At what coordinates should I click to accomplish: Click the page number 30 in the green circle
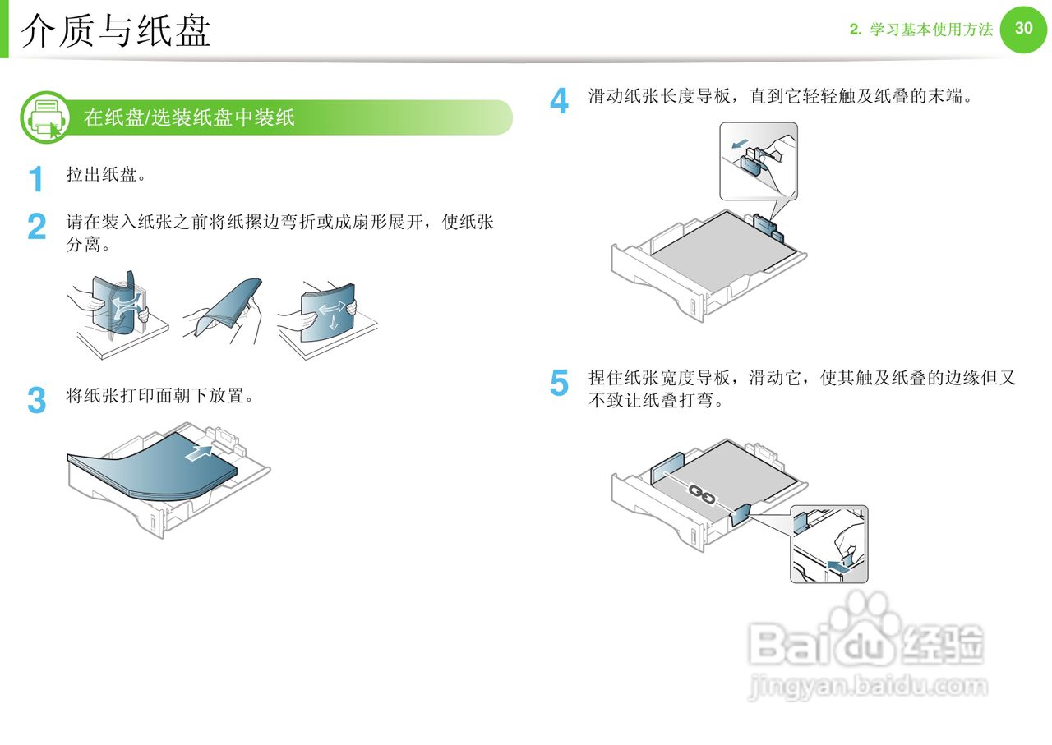(1023, 28)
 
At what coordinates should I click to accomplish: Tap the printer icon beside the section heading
(46, 117)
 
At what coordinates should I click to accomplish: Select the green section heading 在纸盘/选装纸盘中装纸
(189, 117)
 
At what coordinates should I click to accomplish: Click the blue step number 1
(36, 178)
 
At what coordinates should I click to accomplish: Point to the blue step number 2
(37, 227)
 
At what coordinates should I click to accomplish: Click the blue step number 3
(37, 400)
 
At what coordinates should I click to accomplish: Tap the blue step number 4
(559, 101)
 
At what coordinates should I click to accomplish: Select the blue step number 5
(559, 383)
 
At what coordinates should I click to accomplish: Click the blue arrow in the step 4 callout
(741, 145)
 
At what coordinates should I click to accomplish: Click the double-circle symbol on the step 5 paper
(701, 493)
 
